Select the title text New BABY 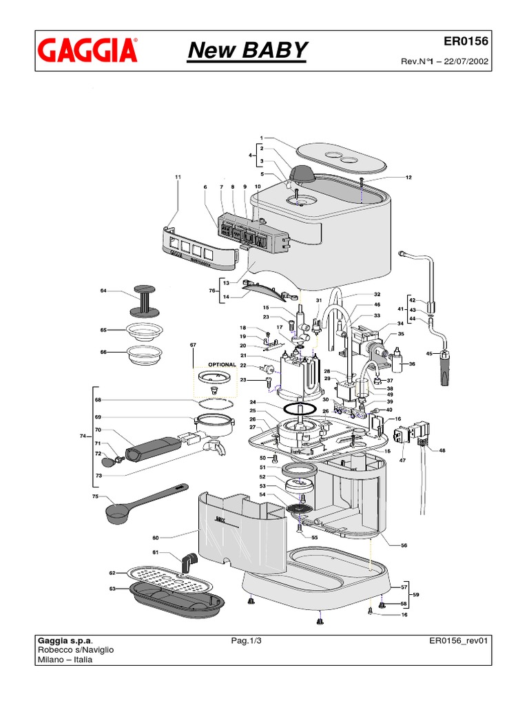[248, 50]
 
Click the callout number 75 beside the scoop [96, 496]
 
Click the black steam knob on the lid [301, 173]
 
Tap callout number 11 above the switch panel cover [178, 178]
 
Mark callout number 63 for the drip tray [112, 589]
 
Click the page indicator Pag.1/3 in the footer [247, 640]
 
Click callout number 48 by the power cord [442, 451]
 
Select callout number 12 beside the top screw [408, 178]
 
